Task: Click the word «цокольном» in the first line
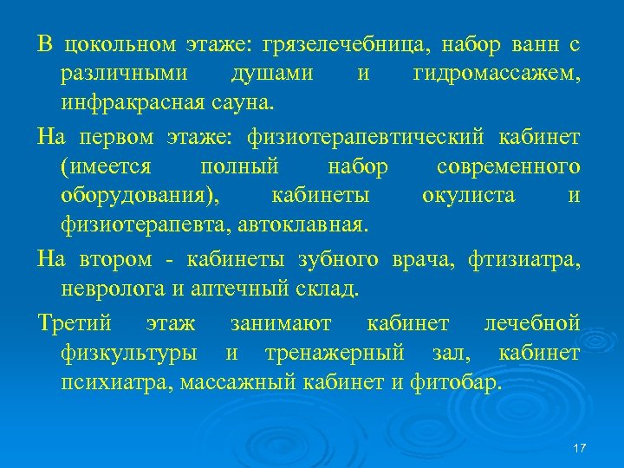(115, 44)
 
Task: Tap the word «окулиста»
(468, 197)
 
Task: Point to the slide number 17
(580, 447)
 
